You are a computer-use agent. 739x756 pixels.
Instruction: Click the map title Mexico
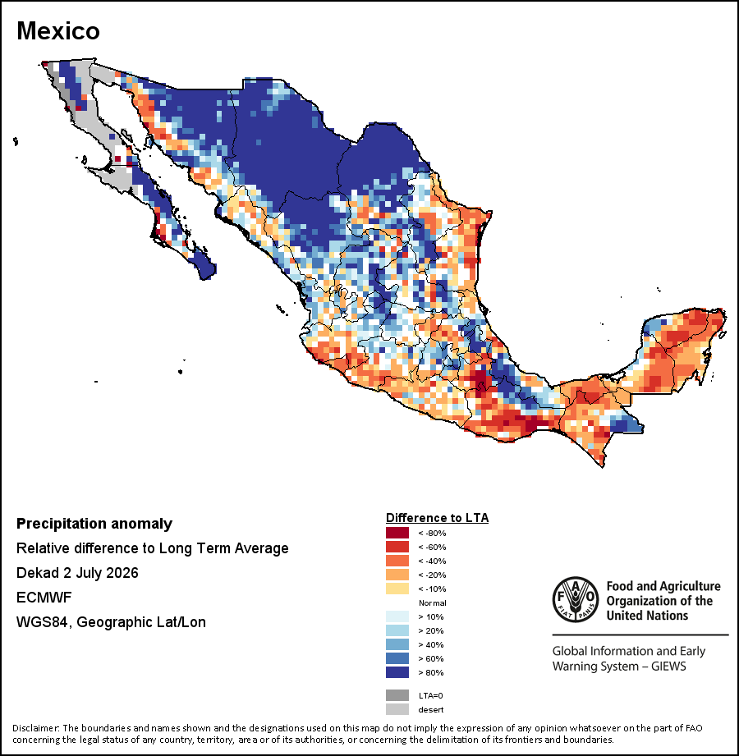(x=58, y=31)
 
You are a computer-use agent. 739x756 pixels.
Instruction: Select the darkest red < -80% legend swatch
(x=397, y=533)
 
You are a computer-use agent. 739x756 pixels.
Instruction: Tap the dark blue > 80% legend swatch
(x=397, y=672)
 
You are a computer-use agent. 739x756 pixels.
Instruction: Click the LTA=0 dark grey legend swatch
(x=397, y=695)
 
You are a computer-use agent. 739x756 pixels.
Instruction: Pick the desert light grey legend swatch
(x=397, y=709)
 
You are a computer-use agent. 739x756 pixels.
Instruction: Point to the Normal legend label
(x=432, y=603)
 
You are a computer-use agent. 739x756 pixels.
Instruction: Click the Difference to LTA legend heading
(x=437, y=518)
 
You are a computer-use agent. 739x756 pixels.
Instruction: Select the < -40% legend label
(x=432, y=561)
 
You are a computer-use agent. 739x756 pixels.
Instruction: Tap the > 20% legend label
(x=431, y=630)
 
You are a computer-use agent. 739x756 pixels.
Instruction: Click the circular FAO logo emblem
(x=576, y=599)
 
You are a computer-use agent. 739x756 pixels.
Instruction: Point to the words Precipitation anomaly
(x=94, y=524)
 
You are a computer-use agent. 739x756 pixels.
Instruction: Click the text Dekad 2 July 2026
(x=77, y=573)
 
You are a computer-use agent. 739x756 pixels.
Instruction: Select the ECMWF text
(x=44, y=598)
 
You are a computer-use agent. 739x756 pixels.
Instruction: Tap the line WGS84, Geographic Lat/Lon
(x=111, y=622)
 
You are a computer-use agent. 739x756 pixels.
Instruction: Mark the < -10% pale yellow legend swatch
(x=397, y=589)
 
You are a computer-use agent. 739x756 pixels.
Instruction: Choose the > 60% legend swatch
(x=397, y=658)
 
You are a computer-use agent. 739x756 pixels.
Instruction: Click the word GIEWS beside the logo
(x=668, y=667)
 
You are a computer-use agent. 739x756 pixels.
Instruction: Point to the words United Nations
(x=647, y=616)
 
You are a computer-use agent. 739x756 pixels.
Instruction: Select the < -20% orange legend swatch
(x=397, y=575)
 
